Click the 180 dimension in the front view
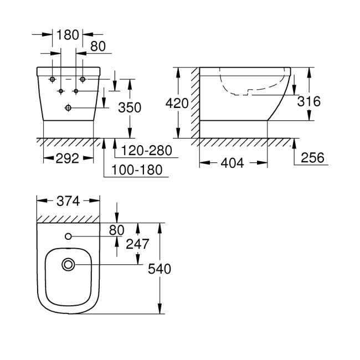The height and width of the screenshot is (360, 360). (x=68, y=35)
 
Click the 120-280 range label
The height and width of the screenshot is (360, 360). (x=147, y=150)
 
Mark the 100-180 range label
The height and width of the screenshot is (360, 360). (x=138, y=169)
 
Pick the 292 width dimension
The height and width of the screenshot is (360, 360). (x=68, y=159)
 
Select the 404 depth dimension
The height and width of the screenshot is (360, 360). (x=232, y=163)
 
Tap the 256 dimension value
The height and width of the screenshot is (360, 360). (x=313, y=158)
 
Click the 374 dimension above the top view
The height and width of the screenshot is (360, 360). (x=68, y=200)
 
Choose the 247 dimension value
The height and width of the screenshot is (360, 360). (x=137, y=243)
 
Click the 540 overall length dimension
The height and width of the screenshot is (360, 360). (x=161, y=269)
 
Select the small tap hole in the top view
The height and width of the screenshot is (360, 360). (x=69, y=237)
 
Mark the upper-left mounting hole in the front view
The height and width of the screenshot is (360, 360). (x=53, y=79)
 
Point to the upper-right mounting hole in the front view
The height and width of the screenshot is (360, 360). (x=84, y=79)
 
